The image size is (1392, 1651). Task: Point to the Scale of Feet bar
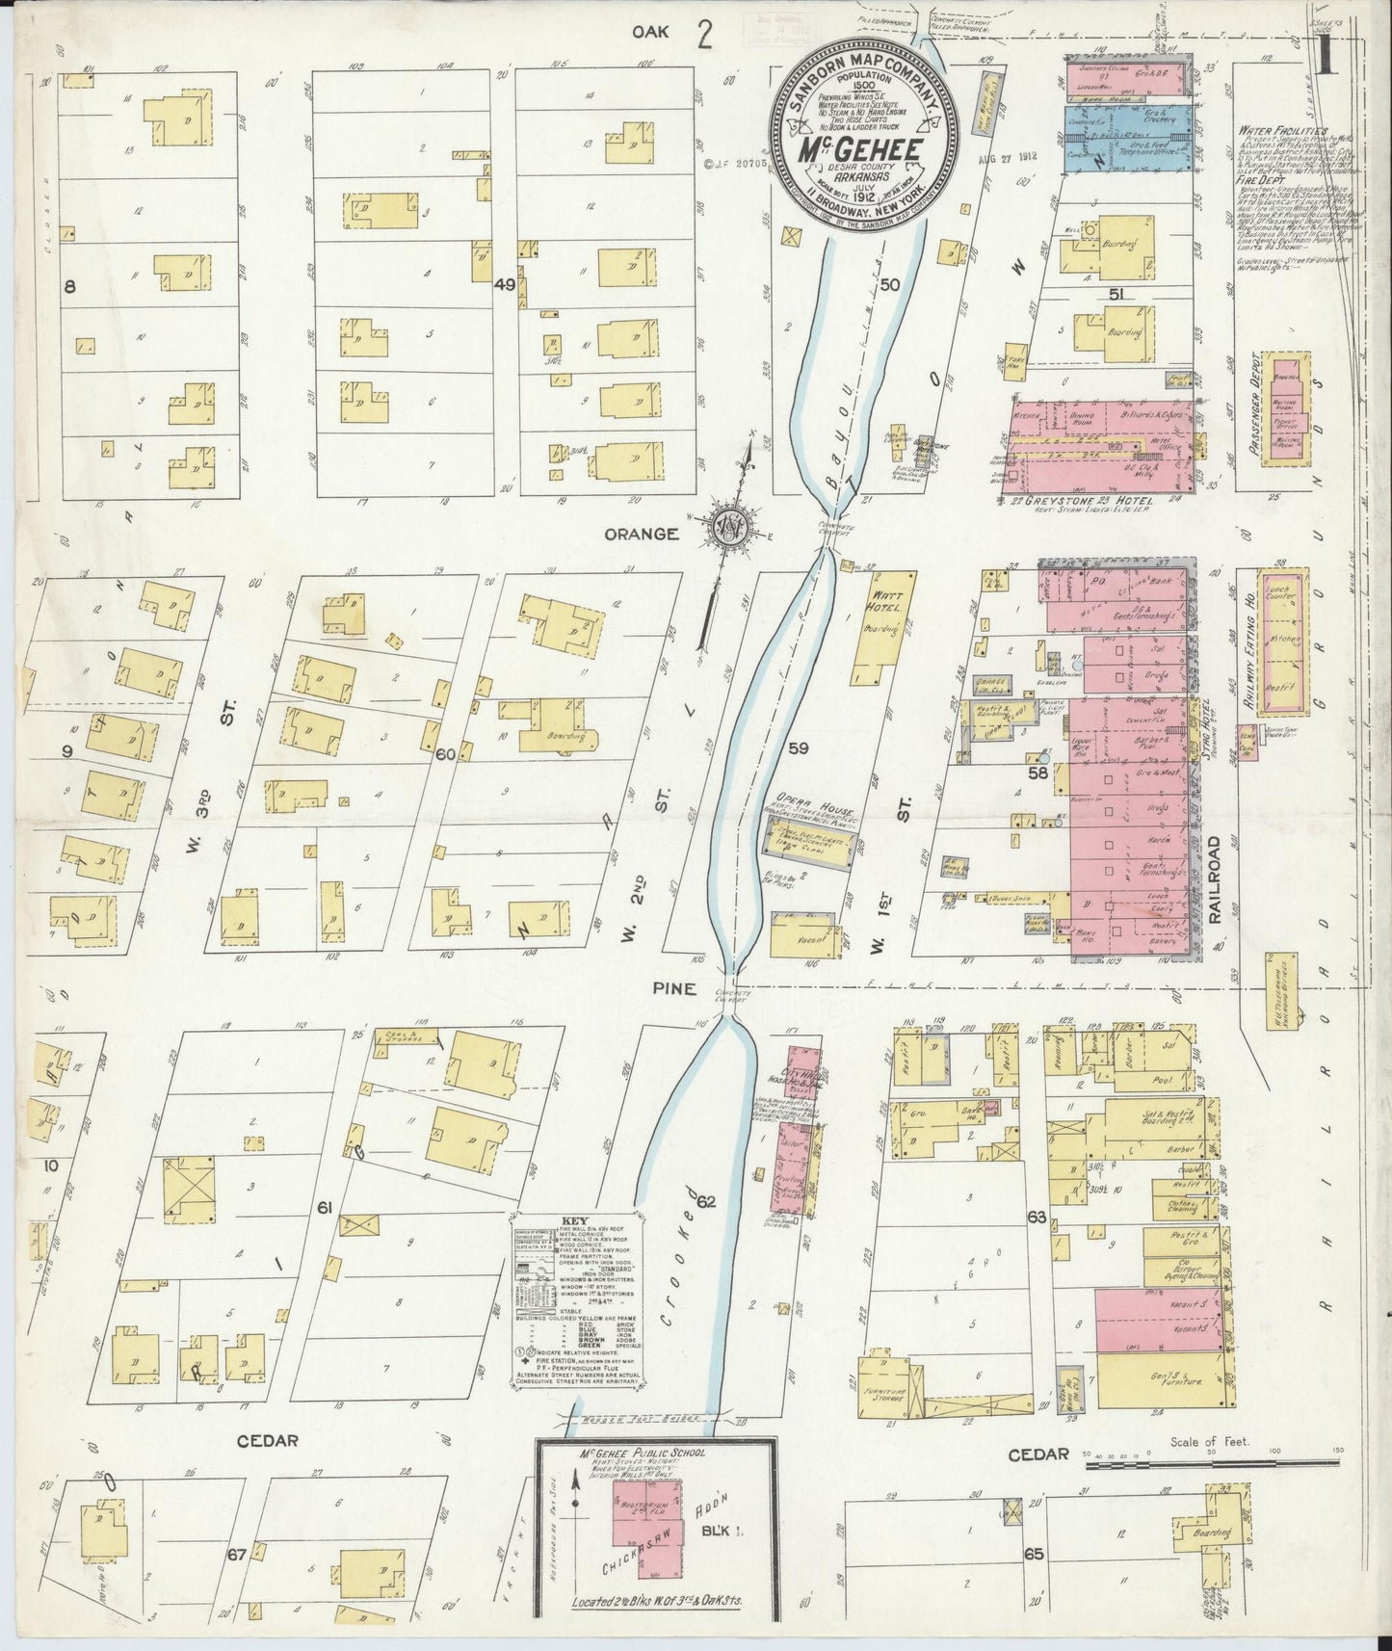click(x=1211, y=1465)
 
